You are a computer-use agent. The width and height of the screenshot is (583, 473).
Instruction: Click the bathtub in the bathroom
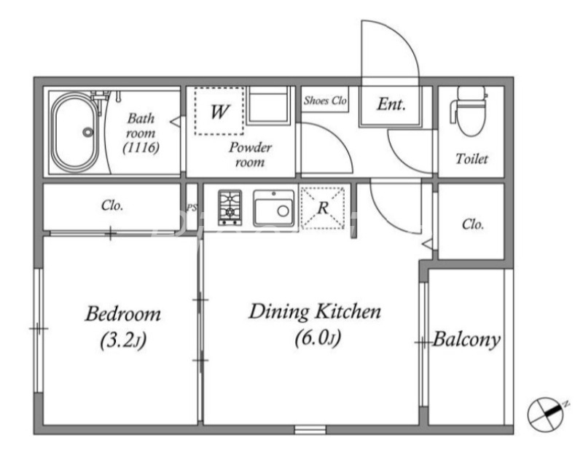point(75,132)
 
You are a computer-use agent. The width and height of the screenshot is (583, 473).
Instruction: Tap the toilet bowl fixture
point(469,112)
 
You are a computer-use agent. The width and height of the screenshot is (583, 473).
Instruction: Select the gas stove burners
point(230,208)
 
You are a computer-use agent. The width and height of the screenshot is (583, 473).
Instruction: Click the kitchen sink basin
point(274,208)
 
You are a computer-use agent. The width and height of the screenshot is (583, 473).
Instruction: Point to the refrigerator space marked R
point(322,208)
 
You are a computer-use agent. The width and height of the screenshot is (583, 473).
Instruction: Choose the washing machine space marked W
point(219,112)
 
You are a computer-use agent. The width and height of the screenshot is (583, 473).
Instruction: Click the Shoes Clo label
point(325,101)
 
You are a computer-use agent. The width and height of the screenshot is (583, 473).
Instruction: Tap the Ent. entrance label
point(391,104)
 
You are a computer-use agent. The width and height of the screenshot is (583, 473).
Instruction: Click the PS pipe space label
point(192,208)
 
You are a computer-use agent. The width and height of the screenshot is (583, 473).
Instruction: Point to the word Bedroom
point(123,313)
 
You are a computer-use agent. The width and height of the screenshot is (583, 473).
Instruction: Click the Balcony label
point(466,340)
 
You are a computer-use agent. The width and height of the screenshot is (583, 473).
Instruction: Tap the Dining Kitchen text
point(315,312)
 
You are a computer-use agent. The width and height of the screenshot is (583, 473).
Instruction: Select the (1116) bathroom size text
point(141,148)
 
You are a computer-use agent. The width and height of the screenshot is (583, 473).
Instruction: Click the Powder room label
point(250,155)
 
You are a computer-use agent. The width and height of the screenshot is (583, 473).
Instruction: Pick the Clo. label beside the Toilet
point(473,224)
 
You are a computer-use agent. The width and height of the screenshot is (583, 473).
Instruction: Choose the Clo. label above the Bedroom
point(112,206)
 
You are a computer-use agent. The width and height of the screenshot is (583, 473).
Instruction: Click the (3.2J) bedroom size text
point(123,340)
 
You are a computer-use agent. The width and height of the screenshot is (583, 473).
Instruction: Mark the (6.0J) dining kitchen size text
point(318,338)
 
